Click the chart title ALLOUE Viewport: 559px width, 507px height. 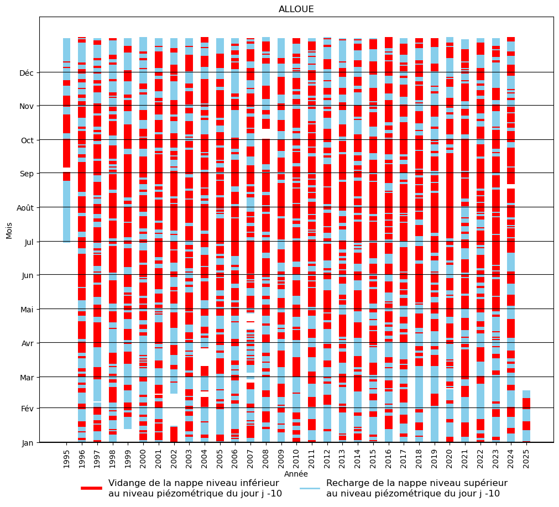296,9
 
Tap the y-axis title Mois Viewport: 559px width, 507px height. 9,229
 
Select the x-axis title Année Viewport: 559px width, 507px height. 296,474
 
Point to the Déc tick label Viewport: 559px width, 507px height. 27,73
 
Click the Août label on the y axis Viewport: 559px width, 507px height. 25,208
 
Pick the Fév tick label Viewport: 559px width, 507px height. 27,409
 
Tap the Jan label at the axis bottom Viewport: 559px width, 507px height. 27,443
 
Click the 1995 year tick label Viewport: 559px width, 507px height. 67,458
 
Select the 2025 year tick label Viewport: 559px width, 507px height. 526,458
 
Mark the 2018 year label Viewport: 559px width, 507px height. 419,458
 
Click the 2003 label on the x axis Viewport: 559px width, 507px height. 189,458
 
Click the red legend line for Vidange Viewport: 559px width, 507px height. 92,488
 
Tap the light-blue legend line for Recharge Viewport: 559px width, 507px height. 310,488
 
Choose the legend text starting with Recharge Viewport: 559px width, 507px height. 416,488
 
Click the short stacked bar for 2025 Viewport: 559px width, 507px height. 526,416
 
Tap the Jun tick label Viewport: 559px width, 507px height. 27,275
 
